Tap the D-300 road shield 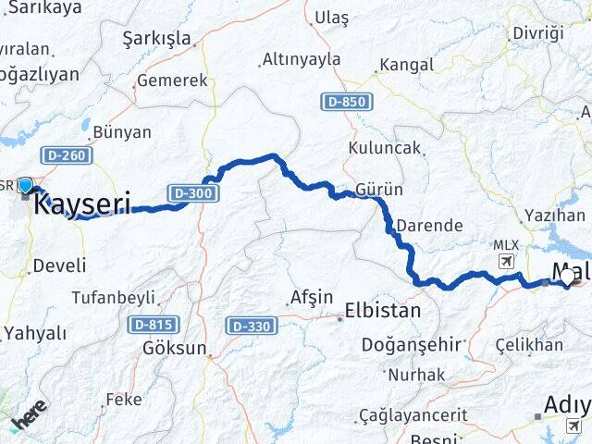(x=192, y=192)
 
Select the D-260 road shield (x=66, y=155)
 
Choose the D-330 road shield (x=250, y=326)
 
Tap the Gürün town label (x=380, y=190)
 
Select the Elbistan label (x=382, y=310)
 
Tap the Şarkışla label (x=157, y=38)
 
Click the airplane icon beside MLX (x=505, y=262)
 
